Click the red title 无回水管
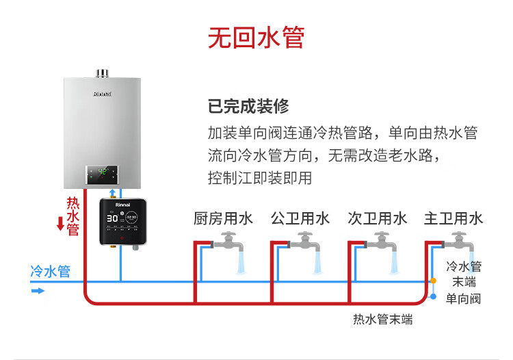pyautogui.click(x=256, y=38)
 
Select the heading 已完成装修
pyautogui.click(x=248, y=106)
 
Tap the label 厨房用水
pyautogui.click(x=223, y=218)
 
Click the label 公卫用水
pyautogui.click(x=300, y=218)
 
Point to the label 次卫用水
pyautogui.click(x=377, y=218)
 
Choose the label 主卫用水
pyautogui.click(x=453, y=218)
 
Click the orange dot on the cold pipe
pyautogui.click(x=433, y=281)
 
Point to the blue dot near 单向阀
pyautogui.click(x=433, y=296)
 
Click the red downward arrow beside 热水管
pyautogui.click(x=60, y=224)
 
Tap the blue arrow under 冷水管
pyautogui.click(x=38, y=291)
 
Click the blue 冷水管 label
pyautogui.click(x=51, y=271)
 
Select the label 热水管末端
pyautogui.click(x=383, y=319)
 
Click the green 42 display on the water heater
pyautogui.click(x=103, y=171)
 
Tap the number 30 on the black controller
pyautogui.click(x=112, y=218)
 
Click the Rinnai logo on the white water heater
pyautogui.click(x=103, y=94)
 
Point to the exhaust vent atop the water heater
pyautogui.click(x=102, y=74)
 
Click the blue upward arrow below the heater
pyautogui.click(x=113, y=193)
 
